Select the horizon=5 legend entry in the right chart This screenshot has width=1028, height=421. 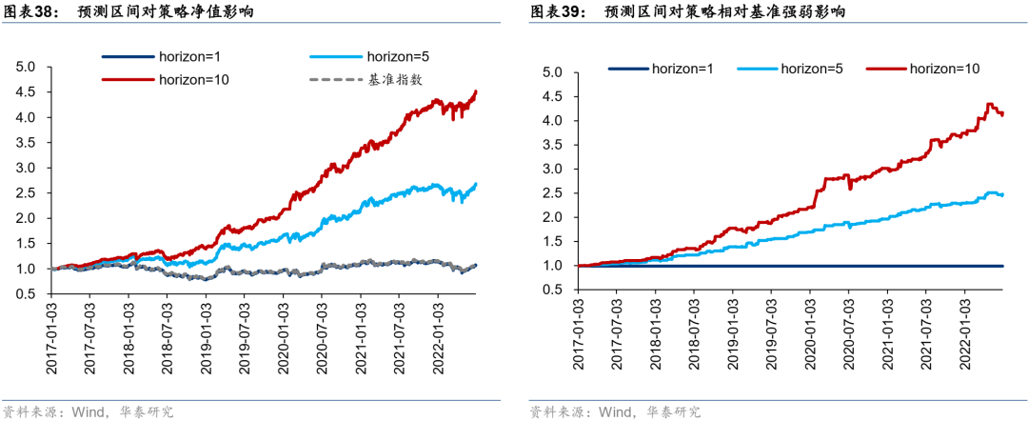point(812,68)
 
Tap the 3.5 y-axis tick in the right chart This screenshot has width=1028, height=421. point(554,145)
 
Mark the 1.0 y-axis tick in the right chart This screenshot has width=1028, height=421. point(554,266)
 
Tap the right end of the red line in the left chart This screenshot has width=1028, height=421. point(476,91)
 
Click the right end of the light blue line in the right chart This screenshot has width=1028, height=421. point(1002,194)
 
